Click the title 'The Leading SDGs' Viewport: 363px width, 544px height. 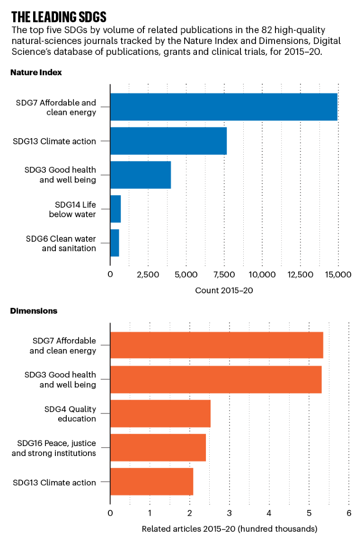tap(59, 18)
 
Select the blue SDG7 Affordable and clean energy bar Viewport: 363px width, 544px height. tap(223, 107)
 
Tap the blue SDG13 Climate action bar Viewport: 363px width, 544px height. tap(168, 141)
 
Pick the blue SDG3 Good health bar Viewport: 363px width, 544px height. tap(140, 175)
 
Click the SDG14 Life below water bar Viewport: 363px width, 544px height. tap(115, 209)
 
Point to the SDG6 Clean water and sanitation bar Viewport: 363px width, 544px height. tap(115, 243)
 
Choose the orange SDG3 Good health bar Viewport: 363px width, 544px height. tap(216, 379)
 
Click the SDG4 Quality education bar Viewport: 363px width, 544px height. tap(160, 413)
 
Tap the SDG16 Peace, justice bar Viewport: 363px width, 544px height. tap(158, 447)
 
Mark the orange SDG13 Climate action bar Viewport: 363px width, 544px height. tap(151, 482)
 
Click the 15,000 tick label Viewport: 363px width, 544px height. tap(338, 275)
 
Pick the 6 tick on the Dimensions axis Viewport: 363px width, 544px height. tap(349, 513)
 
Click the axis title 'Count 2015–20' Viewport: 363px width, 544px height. tap(224, 290)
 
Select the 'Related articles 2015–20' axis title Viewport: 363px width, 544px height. tap(230, 528)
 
